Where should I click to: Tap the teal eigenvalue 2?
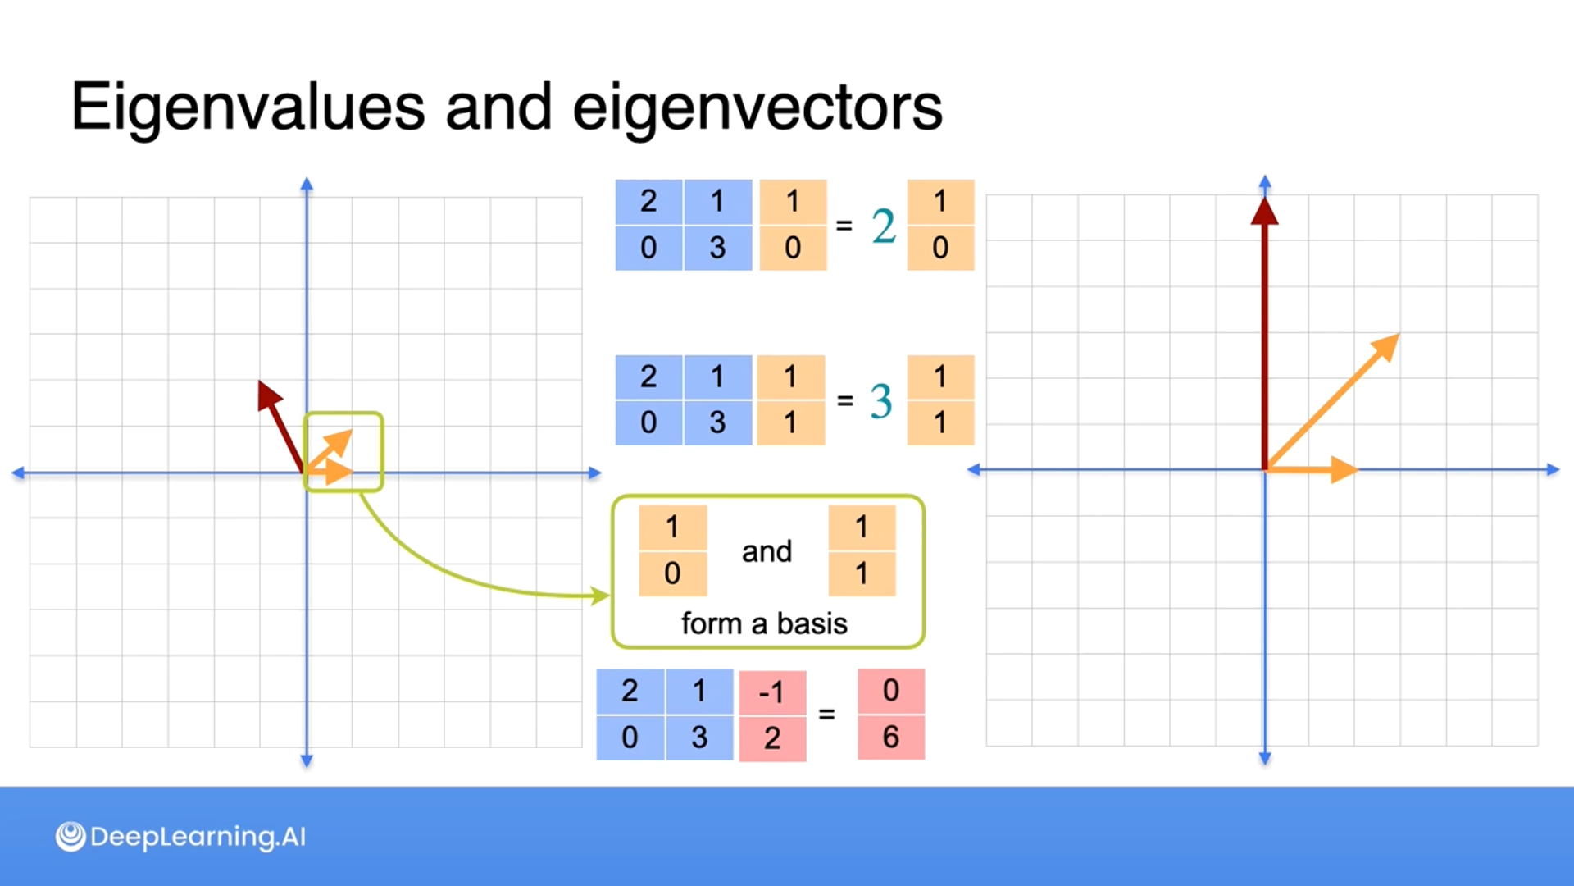883,226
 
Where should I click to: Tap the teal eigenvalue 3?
880,401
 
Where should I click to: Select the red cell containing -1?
771,692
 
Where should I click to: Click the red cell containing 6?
891,738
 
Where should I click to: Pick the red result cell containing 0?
891,691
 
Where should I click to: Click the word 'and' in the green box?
767,551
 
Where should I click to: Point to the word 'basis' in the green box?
812,623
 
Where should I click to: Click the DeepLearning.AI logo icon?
71,837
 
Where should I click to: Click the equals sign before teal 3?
844,400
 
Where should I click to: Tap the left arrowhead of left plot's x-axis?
16,473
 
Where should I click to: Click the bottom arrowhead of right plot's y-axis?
1265,760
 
